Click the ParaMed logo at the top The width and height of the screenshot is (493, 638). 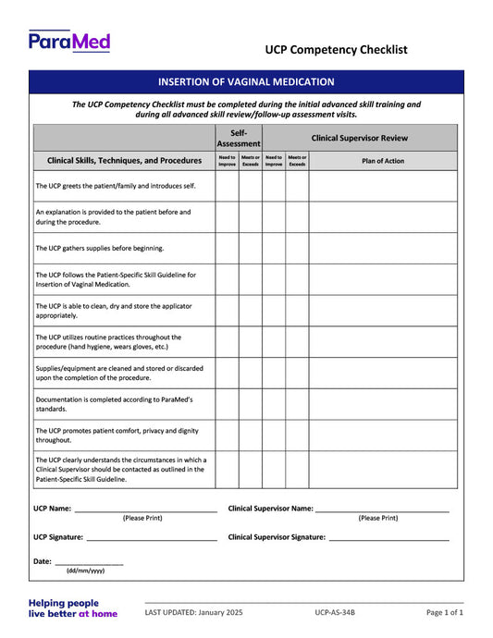click(69, 41)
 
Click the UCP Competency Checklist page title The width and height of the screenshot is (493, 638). click(336, 50)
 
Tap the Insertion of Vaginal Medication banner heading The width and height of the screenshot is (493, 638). click(246, 82)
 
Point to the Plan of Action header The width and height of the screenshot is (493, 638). click(369, 161)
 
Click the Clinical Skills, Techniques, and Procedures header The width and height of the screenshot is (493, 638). click(124, 161)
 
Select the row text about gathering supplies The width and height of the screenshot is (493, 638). click(100, 248)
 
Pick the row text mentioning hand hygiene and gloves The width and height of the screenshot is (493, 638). click(108, 342)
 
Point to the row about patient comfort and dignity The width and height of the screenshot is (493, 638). click(117, 436)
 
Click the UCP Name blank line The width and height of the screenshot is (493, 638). click(145, 509)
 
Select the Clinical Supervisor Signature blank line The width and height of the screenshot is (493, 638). click(389, 537)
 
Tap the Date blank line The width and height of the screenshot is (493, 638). click(89, 562)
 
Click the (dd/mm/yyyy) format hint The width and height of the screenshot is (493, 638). click(85, 571)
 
